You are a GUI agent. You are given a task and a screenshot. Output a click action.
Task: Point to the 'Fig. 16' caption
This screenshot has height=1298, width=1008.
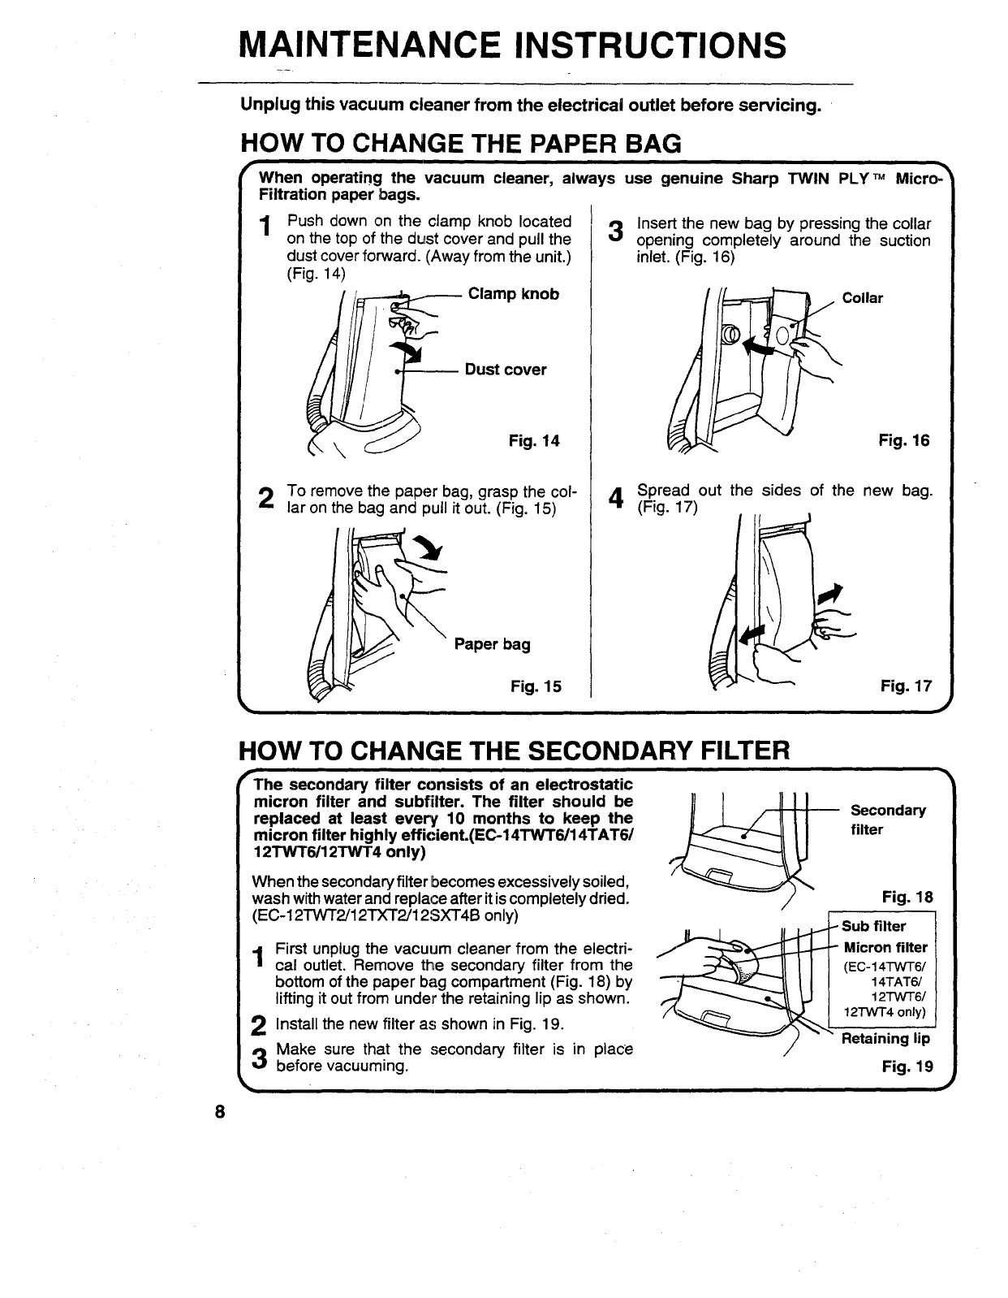pos(904,441)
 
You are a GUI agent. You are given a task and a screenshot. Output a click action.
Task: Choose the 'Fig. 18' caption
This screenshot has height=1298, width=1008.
pos(907,898)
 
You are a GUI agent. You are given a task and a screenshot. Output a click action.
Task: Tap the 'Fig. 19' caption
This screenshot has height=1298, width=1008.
pos(907,1067)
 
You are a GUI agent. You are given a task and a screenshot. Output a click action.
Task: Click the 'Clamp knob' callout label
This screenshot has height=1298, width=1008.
pos(514,294)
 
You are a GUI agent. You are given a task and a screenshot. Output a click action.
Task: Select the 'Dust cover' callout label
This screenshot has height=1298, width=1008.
pos(506,370)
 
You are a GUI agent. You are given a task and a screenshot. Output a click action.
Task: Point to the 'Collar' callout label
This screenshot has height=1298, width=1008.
pos(862,298)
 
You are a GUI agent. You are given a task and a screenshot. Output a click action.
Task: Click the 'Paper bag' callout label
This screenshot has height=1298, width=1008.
pos(492,644)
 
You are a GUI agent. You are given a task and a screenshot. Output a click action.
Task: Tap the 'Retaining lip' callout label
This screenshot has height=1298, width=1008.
pos(885,1039)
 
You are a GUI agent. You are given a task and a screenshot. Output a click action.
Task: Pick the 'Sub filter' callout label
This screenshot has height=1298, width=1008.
pos(873,927)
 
